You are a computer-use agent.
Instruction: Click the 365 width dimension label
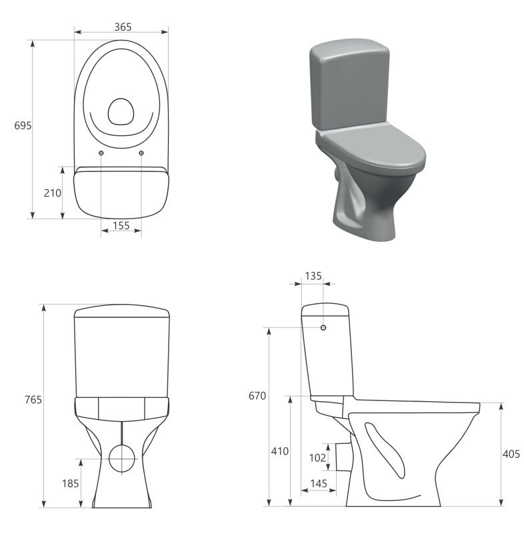click(x=123, y=27)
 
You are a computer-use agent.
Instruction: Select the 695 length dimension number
click(x=23, y=126)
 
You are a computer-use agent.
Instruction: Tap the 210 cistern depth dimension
click(x=53, y=193)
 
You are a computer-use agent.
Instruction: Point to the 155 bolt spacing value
click(x=121, y=225)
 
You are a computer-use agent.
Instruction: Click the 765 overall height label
click(x=33, y=400)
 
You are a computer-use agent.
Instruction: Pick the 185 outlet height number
click(x=71, y=484)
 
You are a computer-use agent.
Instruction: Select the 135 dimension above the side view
click(x=313, y=276)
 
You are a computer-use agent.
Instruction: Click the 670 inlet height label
click(x=257, y=396)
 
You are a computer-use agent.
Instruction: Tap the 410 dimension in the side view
click(x=279, y=452)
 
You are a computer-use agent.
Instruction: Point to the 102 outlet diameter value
click(x=317, y=458)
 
